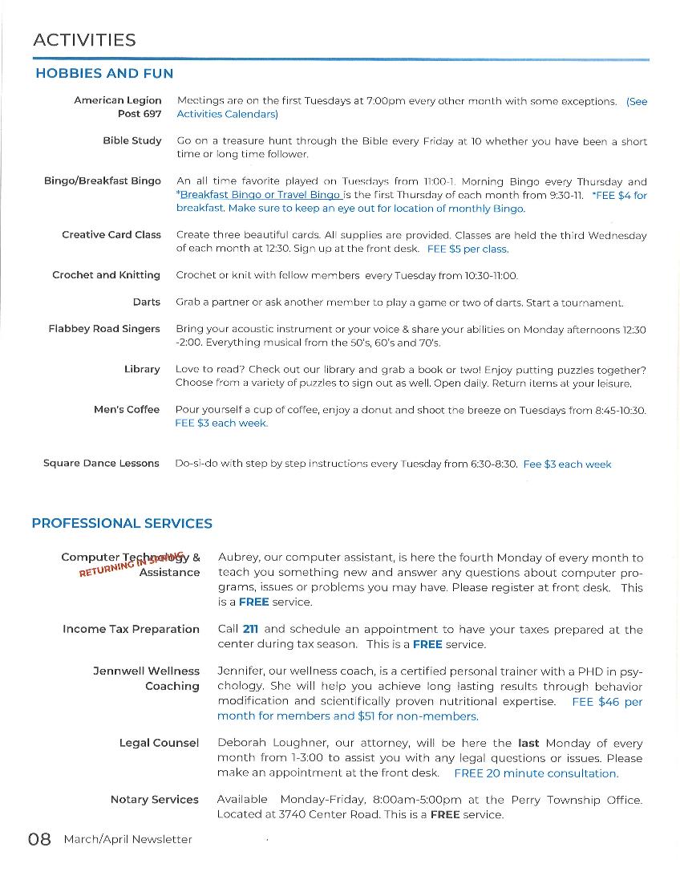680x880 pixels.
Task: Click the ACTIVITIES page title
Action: pos(84,40)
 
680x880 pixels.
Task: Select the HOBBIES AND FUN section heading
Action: pos(104,74)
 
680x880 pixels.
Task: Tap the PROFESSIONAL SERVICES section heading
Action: pos(122,524)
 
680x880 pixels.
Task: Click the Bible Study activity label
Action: pos(132,140)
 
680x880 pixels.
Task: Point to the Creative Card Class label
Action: pos(111,235)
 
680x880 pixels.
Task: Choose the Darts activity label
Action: pos(147,302)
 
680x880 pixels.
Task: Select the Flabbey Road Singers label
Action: pos(104,329)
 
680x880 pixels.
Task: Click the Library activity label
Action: pos(142,369)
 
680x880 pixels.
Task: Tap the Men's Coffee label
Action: pos(127,409)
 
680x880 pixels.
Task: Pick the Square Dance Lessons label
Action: pos(101,464)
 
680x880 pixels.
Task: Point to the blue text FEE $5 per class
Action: pos(467,249)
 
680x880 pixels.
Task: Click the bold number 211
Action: pos(250,630)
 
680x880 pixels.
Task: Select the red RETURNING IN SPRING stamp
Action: pos(132,564)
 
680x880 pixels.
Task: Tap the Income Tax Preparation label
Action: pos(131,630)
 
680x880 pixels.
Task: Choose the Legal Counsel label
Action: pos(159,744)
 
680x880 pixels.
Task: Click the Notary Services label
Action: pos(154,800)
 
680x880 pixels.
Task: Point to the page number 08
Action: pos(40,840)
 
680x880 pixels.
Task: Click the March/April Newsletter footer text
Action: pos(128,840)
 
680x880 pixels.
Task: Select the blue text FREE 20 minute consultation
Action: pos(536,773)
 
